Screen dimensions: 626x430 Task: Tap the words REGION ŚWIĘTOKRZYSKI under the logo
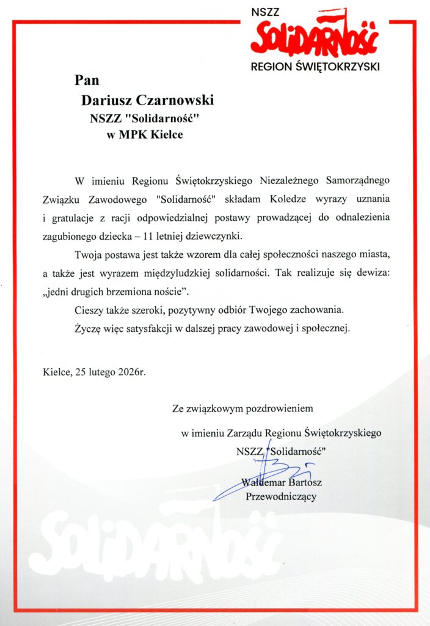[x=315, y=65]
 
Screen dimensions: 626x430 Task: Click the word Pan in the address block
[x=87, y=80]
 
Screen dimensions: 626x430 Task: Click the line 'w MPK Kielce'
[x=144, y=134]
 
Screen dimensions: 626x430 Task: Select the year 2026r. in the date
[x=131, y=370]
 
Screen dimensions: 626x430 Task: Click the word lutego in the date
[x=101, y=370]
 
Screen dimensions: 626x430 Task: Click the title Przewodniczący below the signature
[x=281, y=496]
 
